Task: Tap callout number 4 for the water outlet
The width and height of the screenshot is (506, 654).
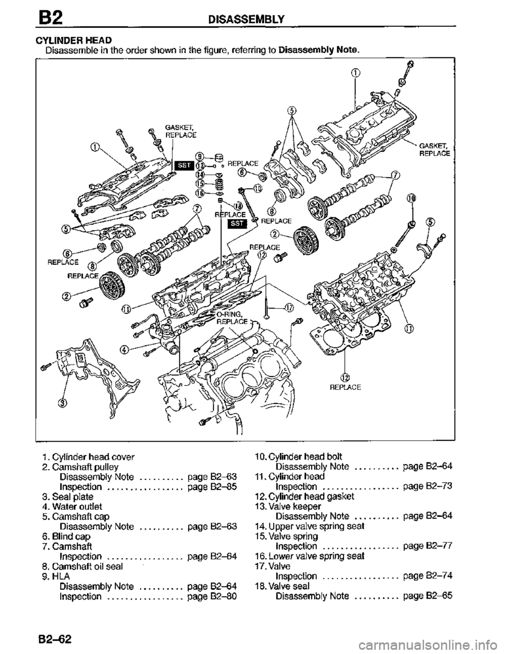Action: [123, 349]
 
